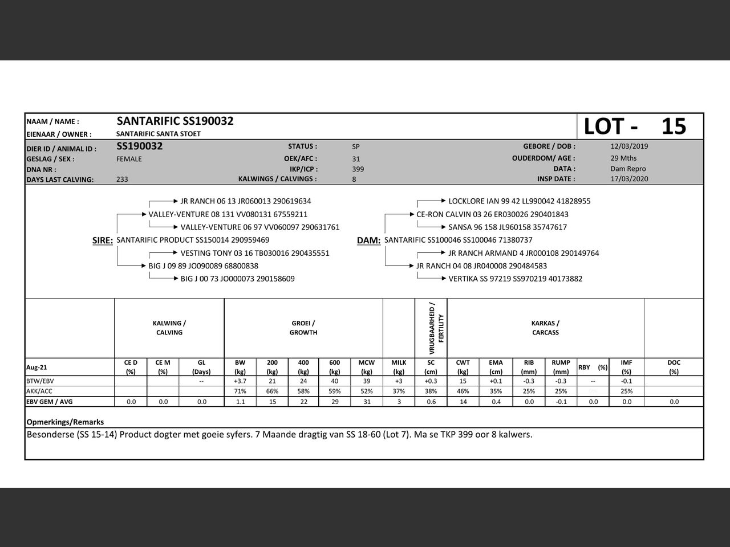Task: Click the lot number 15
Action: coord(674,126)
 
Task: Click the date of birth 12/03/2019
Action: coord(629,146)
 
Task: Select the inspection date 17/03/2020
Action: coord(629,179)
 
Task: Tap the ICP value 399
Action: coord(358,169)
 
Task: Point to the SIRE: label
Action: coord(103,240)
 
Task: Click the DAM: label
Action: coord(368,240)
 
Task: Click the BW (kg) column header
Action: coord(240,367)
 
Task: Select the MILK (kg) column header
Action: coord(399,367)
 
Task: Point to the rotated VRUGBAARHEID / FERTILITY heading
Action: coord(436,328)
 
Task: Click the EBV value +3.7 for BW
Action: coord(240,381)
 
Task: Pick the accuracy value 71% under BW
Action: coord(240,391)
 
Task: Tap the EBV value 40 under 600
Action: coord(335,381)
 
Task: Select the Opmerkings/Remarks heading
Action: coord(65,422)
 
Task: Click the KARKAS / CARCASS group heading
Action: coord(545,328)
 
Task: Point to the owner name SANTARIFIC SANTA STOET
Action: coord(159,134)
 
